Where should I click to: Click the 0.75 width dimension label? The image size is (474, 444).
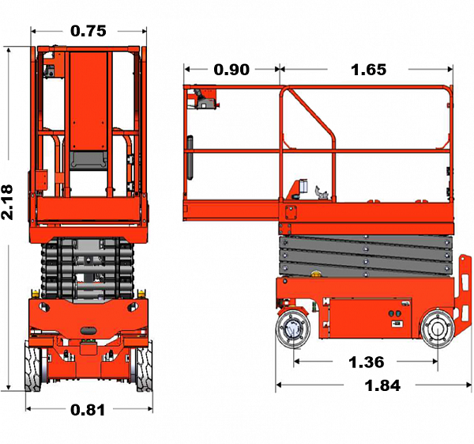(88, 31)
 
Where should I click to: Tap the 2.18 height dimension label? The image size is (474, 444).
(7, 202)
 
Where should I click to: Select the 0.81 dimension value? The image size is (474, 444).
(88, 410)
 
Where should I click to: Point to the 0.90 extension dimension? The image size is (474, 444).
(231, 70)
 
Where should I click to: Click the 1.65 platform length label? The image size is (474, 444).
(368, 70)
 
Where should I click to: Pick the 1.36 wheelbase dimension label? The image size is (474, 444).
(366, 362)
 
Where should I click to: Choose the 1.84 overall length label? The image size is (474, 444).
(382, 385)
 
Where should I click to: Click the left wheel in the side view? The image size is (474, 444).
(293, 328)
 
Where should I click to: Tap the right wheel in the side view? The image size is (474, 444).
(438, 328)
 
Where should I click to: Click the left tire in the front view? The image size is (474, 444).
(33, 366)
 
